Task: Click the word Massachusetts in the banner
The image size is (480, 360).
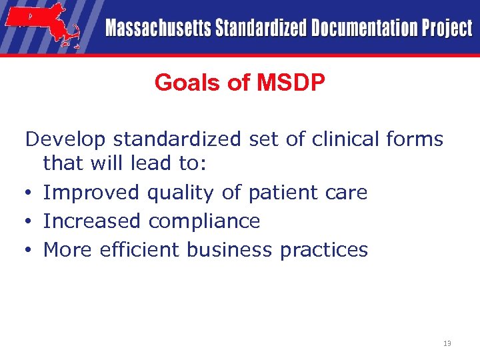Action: point(157,28)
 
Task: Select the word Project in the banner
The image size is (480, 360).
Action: point(447,28)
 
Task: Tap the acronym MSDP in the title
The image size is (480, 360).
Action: point(291,83)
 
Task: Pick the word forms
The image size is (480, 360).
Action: point(415,139)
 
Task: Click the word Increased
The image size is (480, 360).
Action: point(92,221)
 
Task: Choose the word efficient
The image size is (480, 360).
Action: point(140,249)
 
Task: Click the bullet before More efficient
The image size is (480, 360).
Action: point(29,250)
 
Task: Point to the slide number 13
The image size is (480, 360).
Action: point(447,343)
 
